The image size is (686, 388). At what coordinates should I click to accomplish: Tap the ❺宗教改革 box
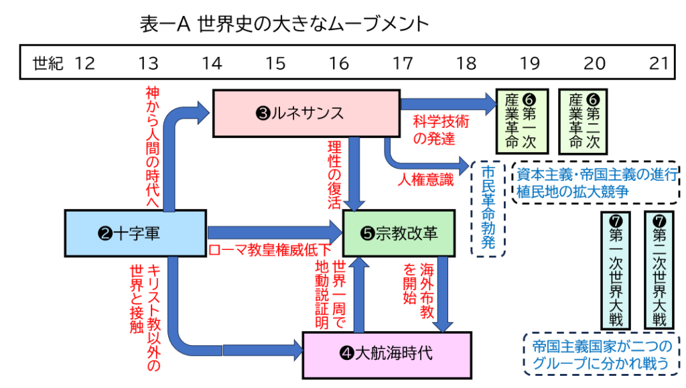(x=399, y=233)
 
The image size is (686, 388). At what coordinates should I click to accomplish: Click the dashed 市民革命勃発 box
(x=488, y=208)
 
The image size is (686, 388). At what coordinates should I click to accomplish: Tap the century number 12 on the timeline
(x=85, y=64)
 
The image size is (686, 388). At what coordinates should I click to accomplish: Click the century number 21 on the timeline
(x=659, y=64)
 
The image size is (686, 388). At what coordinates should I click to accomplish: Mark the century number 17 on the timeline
(x=402, y=64)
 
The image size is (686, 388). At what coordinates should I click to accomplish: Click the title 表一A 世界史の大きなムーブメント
(x=284, y=25)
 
